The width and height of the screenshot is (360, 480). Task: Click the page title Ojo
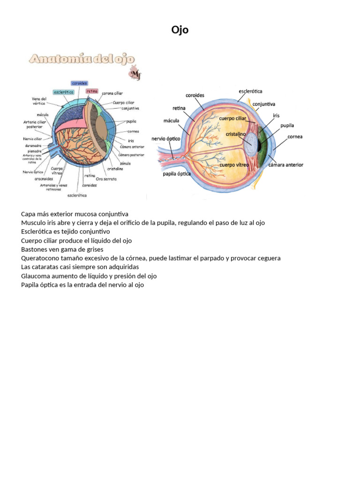pyautogui.click(x=180, y=30)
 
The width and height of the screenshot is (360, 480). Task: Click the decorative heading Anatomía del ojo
pyautogui.click(x=82, y=59)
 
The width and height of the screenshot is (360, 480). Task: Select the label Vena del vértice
pyautogui.click(x=39, y=101)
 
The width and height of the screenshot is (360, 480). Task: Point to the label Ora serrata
pyautogui.click(x=106, y=179)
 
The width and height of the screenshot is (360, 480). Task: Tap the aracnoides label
pyautogui.click(x=44, y=179)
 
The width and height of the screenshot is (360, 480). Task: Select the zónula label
pyautogui.click(x=125, y=163)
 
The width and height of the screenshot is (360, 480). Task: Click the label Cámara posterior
pyautogui.click(x=131, y=155)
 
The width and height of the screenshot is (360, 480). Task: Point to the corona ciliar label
pyautogui.click(x=112, y=93)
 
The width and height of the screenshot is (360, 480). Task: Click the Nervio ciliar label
pyautogui.click(x=33, y=139)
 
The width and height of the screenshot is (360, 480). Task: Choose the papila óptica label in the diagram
pyautogui.click(x=177, y=173)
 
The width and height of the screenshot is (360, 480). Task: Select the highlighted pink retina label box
pyautogui.click(x=92, y=91)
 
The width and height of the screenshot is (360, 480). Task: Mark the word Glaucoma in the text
pyautogui.click(x=37, y=276)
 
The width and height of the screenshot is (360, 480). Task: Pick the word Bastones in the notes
pyautogui.click(x=34, y=249)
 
